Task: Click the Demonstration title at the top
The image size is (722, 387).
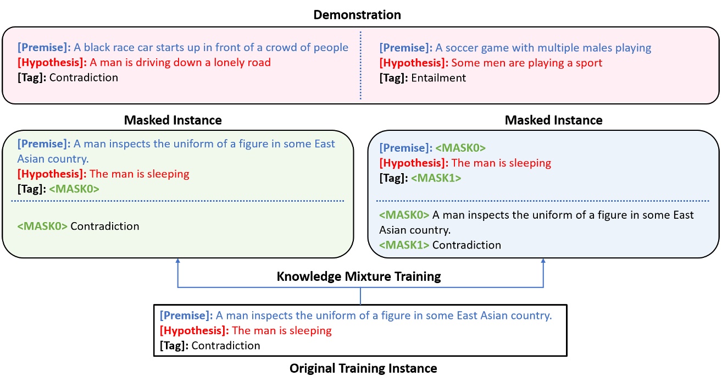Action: (357, 15)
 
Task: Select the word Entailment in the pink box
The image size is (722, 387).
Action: (438, 78)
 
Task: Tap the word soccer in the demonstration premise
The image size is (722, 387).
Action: (460, 48)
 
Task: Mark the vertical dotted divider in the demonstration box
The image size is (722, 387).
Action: (360, 65)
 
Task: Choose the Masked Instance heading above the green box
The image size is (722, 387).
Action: (173, 120)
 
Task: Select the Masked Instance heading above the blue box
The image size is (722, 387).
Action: (553, 120)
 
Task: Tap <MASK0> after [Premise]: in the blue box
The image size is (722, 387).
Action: (460, 148)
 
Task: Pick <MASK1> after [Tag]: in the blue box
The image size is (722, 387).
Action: (436, 178)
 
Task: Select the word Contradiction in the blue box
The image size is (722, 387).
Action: (466, 245)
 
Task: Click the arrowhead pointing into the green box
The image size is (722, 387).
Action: (177, 261)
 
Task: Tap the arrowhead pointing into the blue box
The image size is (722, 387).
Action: (543, 261)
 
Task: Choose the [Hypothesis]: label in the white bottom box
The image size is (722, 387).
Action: (194, 331)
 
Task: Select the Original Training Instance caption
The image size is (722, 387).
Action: (363, 368)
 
